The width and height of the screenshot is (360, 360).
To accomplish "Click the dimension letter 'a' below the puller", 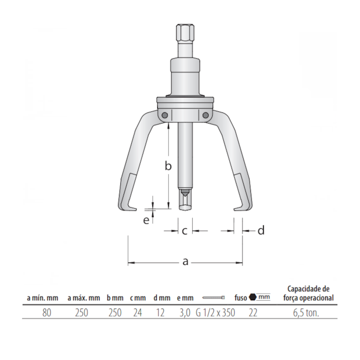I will [186, 261].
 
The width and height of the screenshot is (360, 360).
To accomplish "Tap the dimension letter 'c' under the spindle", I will [184, 230].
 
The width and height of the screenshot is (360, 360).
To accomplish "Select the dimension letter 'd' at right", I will [261, 230].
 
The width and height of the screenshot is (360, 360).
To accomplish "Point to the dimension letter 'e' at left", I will [146, 220].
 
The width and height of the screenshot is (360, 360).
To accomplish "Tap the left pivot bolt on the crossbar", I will [164, 115].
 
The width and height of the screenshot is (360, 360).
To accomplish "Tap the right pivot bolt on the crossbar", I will [205, 115].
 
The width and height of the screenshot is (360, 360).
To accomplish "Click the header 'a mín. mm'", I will [42, 298].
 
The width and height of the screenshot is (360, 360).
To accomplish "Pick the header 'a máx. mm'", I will [84, 298].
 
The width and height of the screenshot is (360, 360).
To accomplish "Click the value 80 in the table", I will [47, 312].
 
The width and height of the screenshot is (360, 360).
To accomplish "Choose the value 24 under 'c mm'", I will [138, 312].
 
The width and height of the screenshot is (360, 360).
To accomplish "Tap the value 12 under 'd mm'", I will [160, 312].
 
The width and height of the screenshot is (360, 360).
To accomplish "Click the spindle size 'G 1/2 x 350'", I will [215, 312].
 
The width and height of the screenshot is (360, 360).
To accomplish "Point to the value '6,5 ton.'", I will [308, 312].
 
